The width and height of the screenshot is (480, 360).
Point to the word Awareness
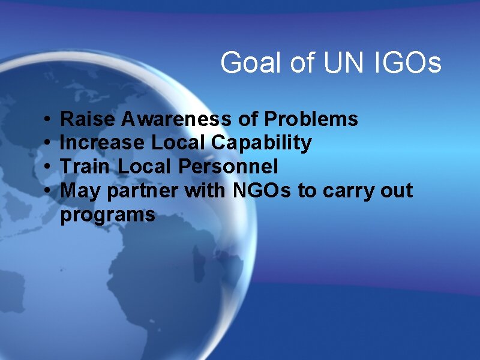(x=175, y=119)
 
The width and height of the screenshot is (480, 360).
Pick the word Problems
(x=311, y=119)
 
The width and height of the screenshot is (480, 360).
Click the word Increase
(x=103, y=143)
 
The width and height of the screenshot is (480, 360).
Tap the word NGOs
(x=250, y=191)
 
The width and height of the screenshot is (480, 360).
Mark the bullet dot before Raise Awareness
(x=47, y=120)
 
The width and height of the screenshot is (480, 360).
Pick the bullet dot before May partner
(x=47, y=191)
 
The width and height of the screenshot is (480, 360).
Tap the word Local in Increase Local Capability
(x=171, y=143)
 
